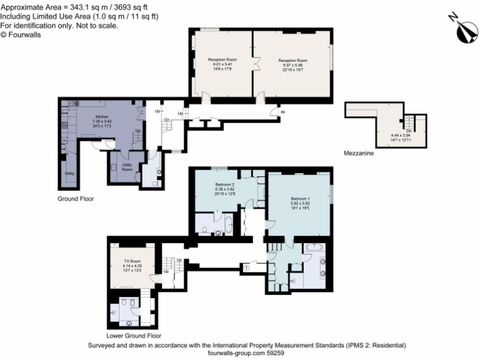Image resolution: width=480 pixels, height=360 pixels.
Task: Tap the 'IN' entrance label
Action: tap(283, 112)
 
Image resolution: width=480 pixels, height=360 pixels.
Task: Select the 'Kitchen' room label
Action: tap(102, 117)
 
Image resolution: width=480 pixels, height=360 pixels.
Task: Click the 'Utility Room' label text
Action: tap(127, 167)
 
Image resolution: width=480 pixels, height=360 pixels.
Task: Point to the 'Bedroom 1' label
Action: tap(300, 199)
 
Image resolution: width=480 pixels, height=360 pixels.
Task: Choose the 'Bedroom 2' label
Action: tap(225, 185)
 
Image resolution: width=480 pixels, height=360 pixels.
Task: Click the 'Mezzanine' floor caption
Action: tap(359, 153)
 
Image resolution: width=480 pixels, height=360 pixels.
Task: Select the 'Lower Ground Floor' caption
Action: tap(133, 335)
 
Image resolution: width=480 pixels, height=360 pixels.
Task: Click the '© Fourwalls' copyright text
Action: tap(24, 35)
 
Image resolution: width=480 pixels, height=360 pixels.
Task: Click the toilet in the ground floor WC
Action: tap(158, 172)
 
